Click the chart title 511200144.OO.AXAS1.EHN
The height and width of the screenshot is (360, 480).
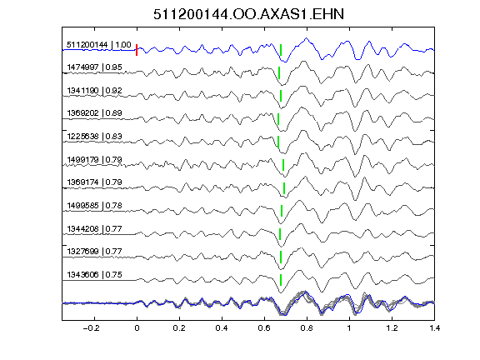(248, 14)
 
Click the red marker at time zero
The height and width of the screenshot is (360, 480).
(137, 50)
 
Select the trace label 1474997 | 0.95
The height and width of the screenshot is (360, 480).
(95, 67)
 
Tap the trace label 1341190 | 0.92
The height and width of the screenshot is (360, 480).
(95, 91)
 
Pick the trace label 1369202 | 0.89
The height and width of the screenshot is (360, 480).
(95, 113)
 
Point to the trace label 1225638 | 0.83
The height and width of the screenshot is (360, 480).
(95, 136)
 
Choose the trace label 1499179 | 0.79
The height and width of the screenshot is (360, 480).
(95, 160)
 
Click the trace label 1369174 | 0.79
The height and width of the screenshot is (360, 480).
(95, 182)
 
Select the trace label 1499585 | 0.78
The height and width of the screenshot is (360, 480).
(95, 205)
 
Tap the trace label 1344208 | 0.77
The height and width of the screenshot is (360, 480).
(95, 228)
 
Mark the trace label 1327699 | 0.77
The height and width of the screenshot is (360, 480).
(95, 252)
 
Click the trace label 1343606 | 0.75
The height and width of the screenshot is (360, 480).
(95, 275)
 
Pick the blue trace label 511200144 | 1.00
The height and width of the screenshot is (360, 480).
(99, 45)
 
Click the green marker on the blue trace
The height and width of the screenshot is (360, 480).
(281, 50)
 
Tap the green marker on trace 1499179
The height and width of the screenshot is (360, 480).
(283, 165)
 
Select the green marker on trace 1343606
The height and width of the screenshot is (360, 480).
(281, 280)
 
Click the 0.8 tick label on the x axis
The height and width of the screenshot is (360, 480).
(307, 328)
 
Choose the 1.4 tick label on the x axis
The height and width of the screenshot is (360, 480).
(435, 328)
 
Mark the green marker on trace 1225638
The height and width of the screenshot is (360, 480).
(278, 142)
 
